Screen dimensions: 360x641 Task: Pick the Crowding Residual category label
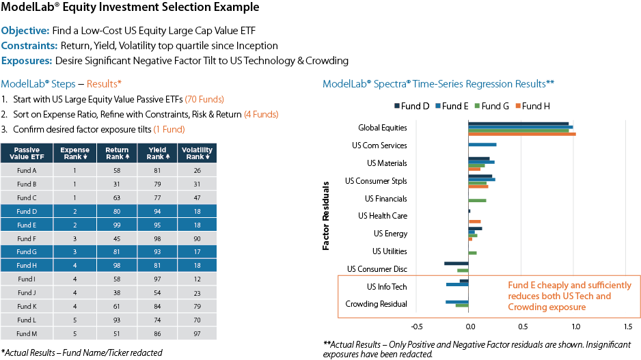377,304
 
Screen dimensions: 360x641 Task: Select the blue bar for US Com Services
482,146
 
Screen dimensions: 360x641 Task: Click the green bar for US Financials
477,200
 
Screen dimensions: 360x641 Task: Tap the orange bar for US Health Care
474,221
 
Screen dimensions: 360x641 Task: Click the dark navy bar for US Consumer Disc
456,264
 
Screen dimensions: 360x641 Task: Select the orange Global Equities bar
521,135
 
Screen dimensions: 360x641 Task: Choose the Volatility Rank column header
197,153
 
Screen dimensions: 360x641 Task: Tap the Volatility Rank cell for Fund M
197,333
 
